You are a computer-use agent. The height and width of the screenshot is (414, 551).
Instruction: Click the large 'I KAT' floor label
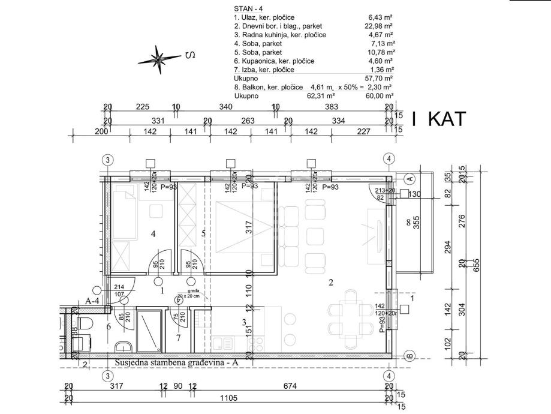coord(439,119)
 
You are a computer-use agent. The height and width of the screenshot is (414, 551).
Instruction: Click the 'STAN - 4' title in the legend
coord(248,9)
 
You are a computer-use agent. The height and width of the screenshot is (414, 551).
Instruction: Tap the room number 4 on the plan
coord(153,235)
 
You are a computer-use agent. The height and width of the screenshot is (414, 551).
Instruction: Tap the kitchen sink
coord(226,343)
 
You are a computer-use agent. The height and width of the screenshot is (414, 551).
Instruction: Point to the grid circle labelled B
coord(410,355)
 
